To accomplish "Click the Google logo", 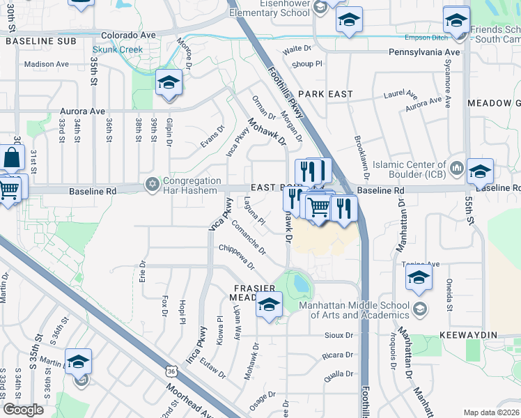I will pos(24,410).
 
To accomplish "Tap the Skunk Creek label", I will pos(118,50).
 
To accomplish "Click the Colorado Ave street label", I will pos(128,34).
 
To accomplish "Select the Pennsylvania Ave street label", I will pos(424,52).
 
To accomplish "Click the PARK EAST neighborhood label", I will pos(325,93).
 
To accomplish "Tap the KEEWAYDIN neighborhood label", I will pos(469,335).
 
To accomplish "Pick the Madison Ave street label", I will pos(47,64).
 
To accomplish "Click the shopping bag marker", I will pos(13,160).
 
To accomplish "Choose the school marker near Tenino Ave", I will pos(419,279).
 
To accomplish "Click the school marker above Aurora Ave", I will pos(168,84).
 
